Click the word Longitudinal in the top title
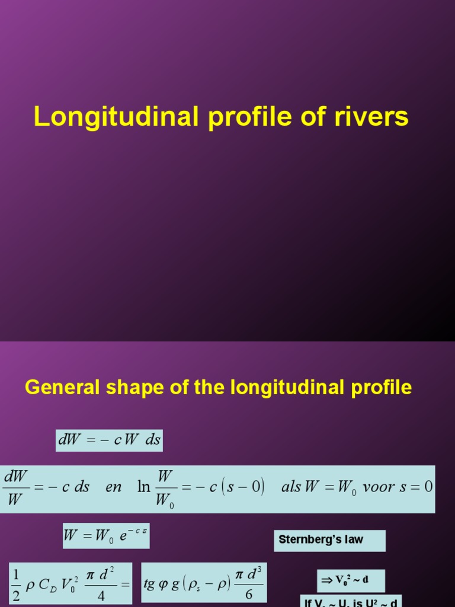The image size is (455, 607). [x=115, y=117]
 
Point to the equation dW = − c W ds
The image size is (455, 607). [x=108, y=440]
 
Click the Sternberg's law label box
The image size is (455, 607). [x=330, y=540]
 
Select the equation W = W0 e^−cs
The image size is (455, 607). [x=106, y=536]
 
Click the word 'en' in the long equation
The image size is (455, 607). [x=113, y=487]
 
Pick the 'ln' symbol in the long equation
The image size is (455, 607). [x=144, y=487]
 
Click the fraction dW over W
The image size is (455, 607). [x=16, y=488]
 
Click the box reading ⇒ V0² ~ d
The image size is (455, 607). [x=350, y=580]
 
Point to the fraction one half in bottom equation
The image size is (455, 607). [x=16, y=584]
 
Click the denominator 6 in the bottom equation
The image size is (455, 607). [x=249, y=595]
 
